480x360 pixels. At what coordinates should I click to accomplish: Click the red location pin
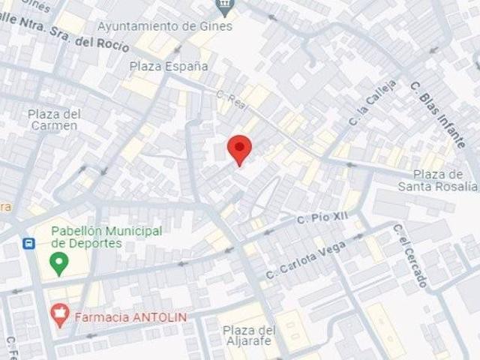[239, 149]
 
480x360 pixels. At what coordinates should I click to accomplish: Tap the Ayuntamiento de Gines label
[165, 26]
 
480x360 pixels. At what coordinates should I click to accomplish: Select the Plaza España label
[169, 66]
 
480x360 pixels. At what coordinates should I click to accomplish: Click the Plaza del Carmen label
[52, 119]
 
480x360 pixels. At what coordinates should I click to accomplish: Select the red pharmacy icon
[59, 316]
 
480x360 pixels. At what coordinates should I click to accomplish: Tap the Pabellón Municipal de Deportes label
[106, 237]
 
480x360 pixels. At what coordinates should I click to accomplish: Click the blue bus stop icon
[29, 244]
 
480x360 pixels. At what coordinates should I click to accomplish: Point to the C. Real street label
[231, 97]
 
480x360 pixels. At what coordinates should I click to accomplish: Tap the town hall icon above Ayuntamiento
[223, 7]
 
